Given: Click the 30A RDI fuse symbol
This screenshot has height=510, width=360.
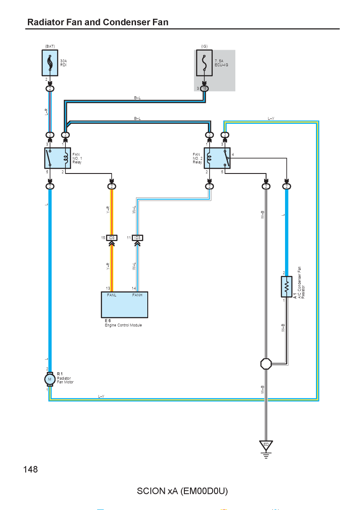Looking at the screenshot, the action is coord(50,63).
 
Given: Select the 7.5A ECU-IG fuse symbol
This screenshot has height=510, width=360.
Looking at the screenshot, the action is coord(204,63).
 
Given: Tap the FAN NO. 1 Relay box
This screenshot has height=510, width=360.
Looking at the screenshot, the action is coord(58,158).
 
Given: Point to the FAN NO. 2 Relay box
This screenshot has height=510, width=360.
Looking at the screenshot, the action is coord(217,158).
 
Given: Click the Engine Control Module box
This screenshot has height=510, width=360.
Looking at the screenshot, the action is coord(125,304).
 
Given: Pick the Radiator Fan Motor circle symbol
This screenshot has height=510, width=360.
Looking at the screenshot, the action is coord(50,379).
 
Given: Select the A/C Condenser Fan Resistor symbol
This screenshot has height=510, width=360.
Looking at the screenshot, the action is coord(286,286).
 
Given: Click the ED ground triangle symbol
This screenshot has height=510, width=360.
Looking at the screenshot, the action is coord(266,445).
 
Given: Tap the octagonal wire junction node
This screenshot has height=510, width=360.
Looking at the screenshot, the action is coord(266,364).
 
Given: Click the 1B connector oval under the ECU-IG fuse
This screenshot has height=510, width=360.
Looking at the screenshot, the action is coord(204,88).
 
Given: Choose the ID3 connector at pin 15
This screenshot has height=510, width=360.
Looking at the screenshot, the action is coord(112,238).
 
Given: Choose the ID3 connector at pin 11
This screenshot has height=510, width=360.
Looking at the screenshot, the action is coord(138,238).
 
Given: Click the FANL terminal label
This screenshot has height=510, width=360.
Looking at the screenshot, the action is coord(112,295).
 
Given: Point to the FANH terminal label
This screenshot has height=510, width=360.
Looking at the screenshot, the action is coord(137,295).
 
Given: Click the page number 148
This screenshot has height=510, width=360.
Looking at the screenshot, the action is coord(31,469).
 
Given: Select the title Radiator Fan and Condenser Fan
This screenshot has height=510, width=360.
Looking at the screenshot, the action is coord(98,22).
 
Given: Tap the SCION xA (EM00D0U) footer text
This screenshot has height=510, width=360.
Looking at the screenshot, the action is coord(182,491).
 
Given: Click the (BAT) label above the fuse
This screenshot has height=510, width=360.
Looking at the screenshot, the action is coord(50,47).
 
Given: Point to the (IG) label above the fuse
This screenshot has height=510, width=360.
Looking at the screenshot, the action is coord(204,47).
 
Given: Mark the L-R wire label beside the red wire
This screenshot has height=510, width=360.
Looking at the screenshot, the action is coord(47,112).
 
